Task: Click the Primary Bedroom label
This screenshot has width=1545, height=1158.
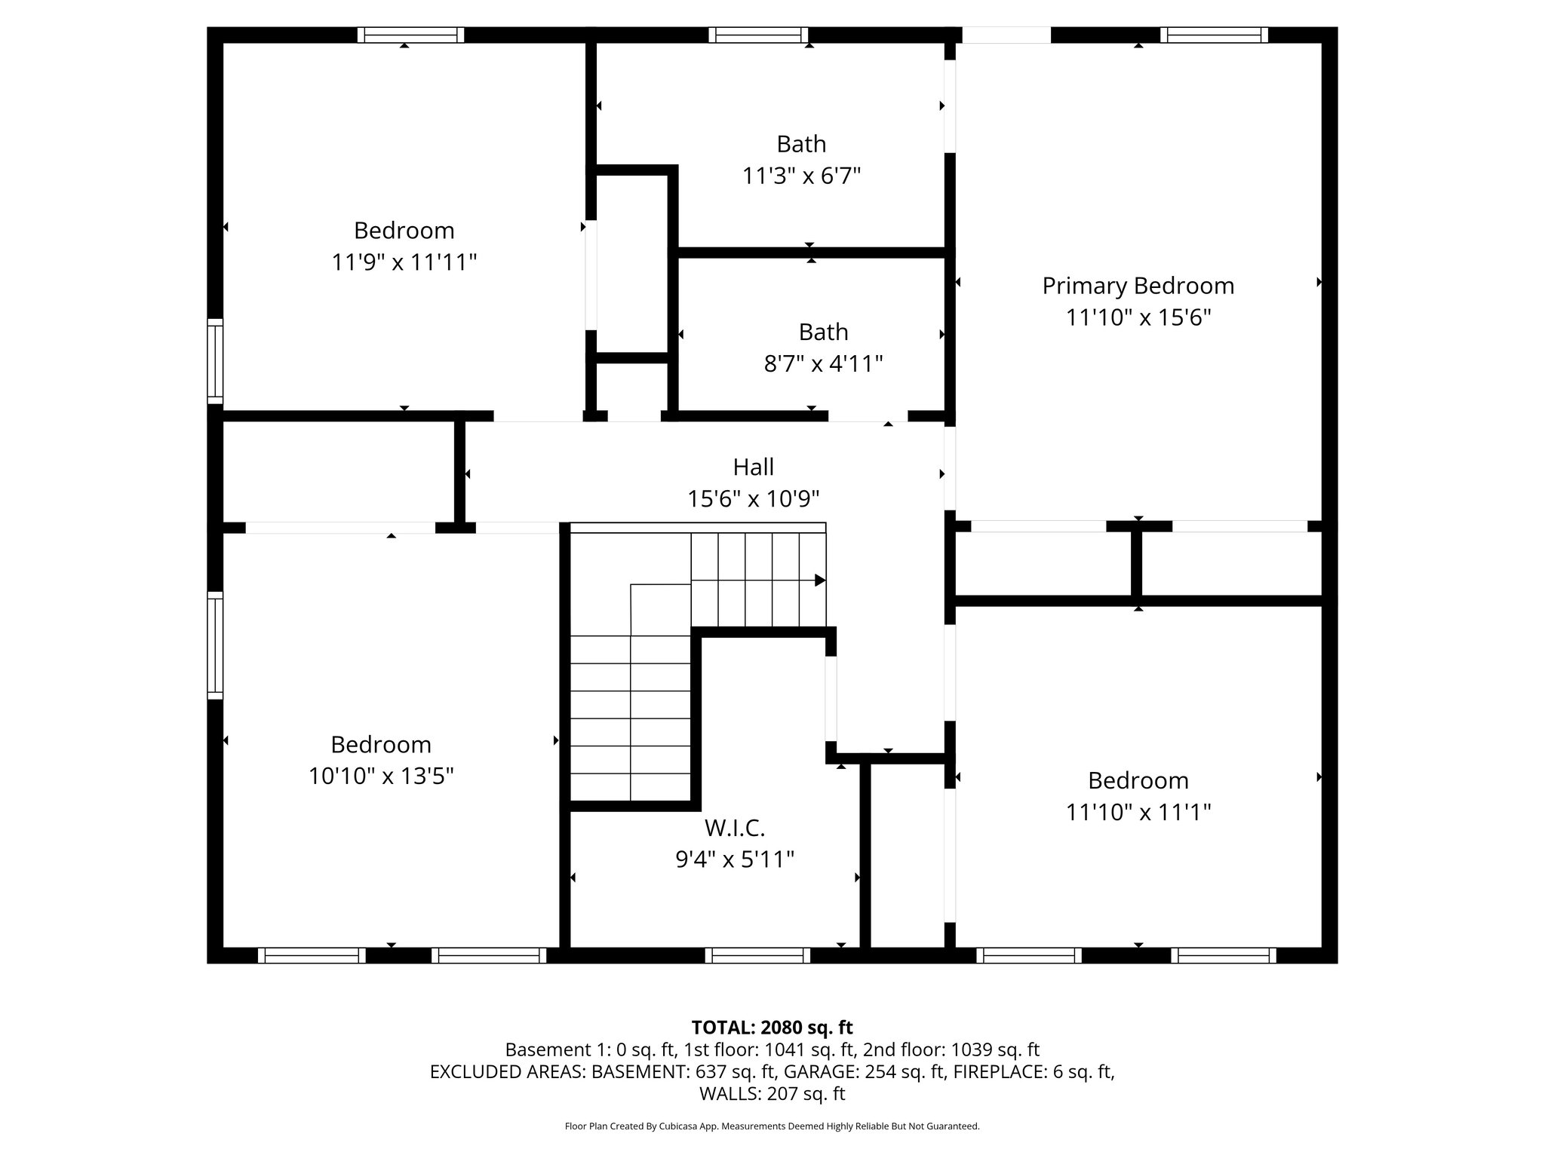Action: point(1138,286)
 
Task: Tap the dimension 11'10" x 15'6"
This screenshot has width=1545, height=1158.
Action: point(1138,317)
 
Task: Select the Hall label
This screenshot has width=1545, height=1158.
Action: point(753,467)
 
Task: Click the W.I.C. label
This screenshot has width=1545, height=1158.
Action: point(735,828)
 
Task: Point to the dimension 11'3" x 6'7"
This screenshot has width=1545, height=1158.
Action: point(801,176)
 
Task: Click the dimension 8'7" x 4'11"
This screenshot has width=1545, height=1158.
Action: point(823,364)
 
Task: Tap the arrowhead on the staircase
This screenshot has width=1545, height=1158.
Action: point(820,581)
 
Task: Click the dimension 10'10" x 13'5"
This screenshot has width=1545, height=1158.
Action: point(381,776)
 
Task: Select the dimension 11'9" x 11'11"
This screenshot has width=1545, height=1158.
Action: point(404,262)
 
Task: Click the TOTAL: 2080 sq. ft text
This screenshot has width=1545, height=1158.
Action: point(772,1027)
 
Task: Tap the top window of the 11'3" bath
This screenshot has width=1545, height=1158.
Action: point(758,35)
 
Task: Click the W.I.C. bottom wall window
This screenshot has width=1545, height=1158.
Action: point(757,956)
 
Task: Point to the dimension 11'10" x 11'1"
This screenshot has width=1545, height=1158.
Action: point(1138,812)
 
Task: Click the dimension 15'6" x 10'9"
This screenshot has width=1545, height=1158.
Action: point(753,499)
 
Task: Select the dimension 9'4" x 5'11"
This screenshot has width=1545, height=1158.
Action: point(735,859)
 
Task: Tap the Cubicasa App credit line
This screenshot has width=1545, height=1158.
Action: point(772,1126)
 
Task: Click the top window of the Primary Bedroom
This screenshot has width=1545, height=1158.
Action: point(1214,35)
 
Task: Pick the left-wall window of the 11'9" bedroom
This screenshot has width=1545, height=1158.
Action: point(216,360)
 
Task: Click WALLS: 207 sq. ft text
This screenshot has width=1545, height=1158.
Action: point(772,1094)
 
